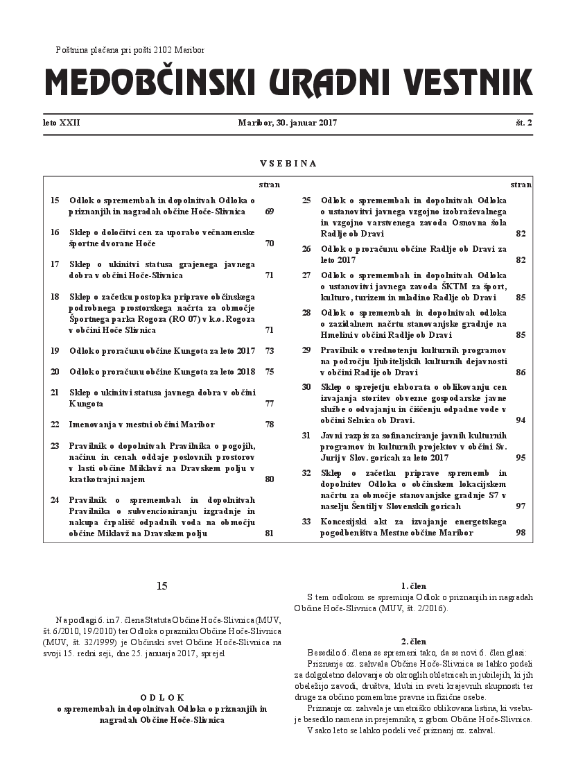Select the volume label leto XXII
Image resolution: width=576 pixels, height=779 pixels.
point(62,123)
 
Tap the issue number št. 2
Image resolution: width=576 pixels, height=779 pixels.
point(523,123)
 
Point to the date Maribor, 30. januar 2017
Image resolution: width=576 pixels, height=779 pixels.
point(287,123)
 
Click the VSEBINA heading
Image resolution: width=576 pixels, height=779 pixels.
point(288,164)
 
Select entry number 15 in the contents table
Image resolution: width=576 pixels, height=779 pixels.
point(55,200)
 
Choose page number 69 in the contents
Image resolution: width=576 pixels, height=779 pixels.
point(270,211)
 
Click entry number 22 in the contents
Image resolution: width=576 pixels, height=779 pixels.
point(55,424)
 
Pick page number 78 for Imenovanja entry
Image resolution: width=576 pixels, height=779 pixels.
point(270,424)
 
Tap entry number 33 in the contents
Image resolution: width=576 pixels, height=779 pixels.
point(306,522)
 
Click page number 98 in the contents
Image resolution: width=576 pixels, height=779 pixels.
point(521,533)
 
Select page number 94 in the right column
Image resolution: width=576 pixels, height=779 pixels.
point(521,420)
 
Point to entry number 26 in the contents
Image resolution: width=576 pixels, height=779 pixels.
point(306,248)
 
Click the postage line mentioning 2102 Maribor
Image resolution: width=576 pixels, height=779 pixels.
point(130,50)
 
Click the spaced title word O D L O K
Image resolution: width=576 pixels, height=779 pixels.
point(162,696)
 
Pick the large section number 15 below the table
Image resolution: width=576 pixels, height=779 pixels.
point(162,586)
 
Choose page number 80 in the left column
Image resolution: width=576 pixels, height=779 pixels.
point(270,479)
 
